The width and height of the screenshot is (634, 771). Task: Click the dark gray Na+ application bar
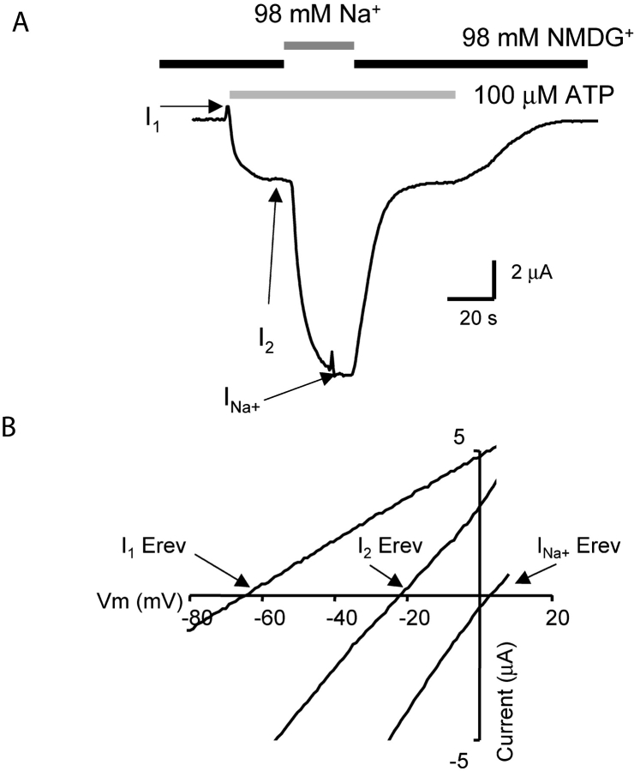pyautogui.click(x=319, y=45)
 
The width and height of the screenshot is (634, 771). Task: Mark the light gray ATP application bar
pyautogui.click(x=342, y=93)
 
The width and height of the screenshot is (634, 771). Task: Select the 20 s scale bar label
pyautogui.click(x=470, y=318)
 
